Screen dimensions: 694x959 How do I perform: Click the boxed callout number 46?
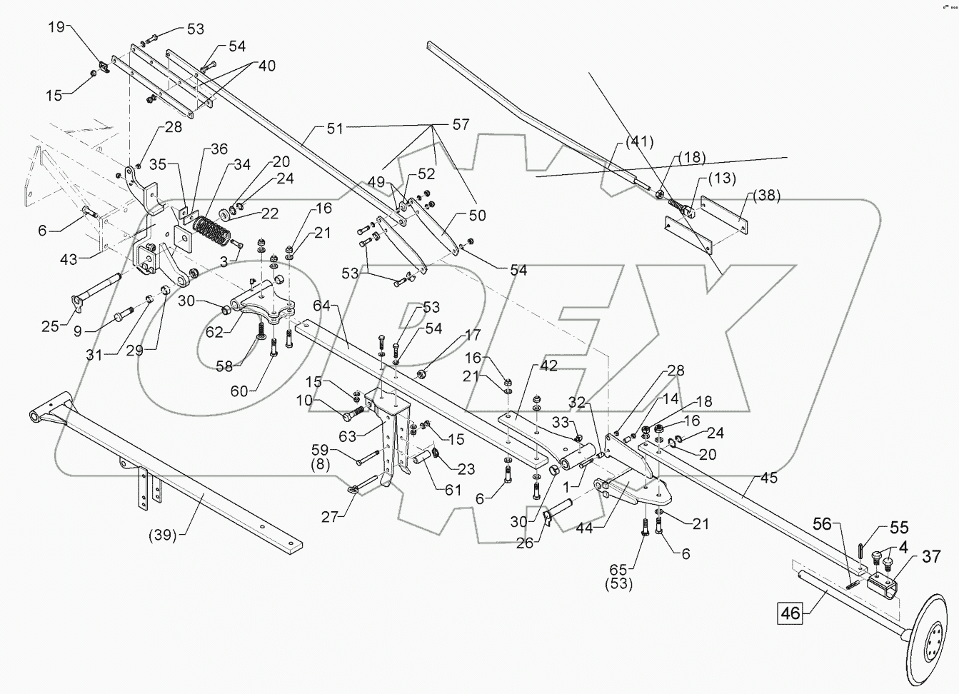coord(789,612)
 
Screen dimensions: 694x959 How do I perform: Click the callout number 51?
coord(334,129)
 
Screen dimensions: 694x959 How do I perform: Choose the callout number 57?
coord(461,125)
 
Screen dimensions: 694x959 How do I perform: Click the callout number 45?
coord(768,479)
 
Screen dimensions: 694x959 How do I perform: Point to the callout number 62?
coord(214,331)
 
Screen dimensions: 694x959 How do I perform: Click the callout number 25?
coord(50,326)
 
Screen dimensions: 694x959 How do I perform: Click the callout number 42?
coord(548,366)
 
